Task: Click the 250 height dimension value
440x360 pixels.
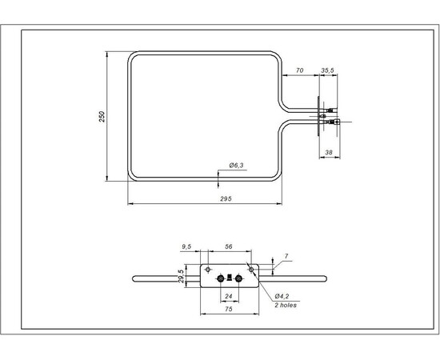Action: coord(102,116)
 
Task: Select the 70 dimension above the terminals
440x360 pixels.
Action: coord(299,71)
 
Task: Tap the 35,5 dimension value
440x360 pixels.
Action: coord(327,71)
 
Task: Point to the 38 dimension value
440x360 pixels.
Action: coord(328,151)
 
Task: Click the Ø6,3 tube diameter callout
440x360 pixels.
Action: coord(236,165)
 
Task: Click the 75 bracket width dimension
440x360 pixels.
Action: coord(228,307)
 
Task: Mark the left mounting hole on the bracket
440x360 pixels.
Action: coord(208,269)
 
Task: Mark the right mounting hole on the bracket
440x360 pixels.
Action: coord(253,269)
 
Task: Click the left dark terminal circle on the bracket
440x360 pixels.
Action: coord(220,278)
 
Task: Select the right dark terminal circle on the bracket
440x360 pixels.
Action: coord(238,278)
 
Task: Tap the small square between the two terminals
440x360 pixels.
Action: coord(230,278)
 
